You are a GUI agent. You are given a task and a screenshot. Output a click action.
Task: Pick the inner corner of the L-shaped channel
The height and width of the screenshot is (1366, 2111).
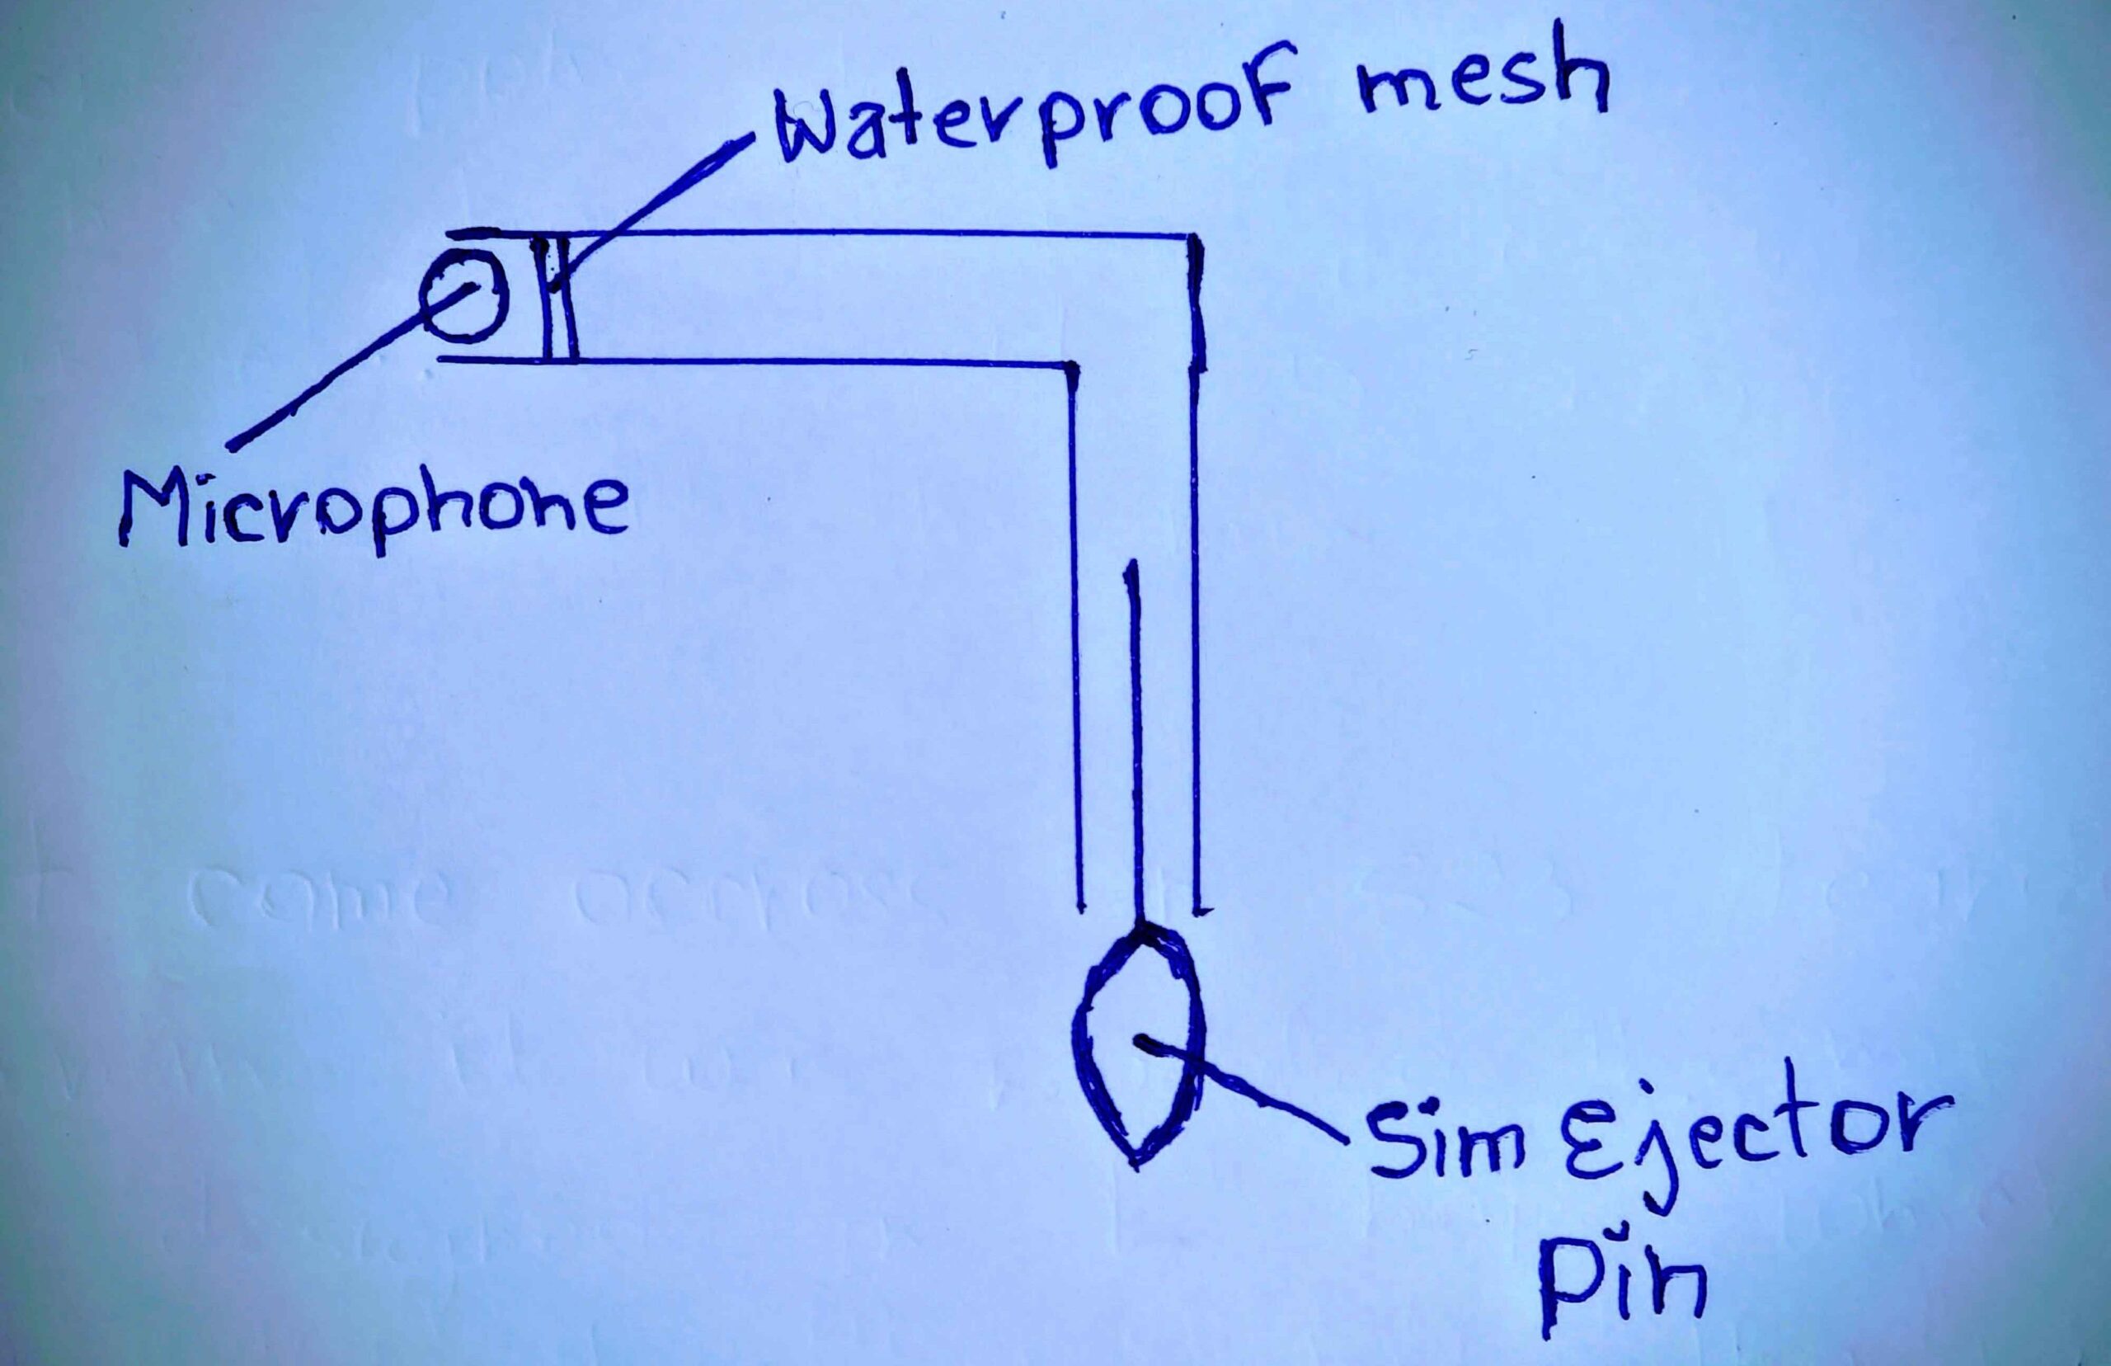[1073, 364]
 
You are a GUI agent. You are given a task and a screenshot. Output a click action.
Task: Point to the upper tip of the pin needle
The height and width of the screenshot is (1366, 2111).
[1131, 563]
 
